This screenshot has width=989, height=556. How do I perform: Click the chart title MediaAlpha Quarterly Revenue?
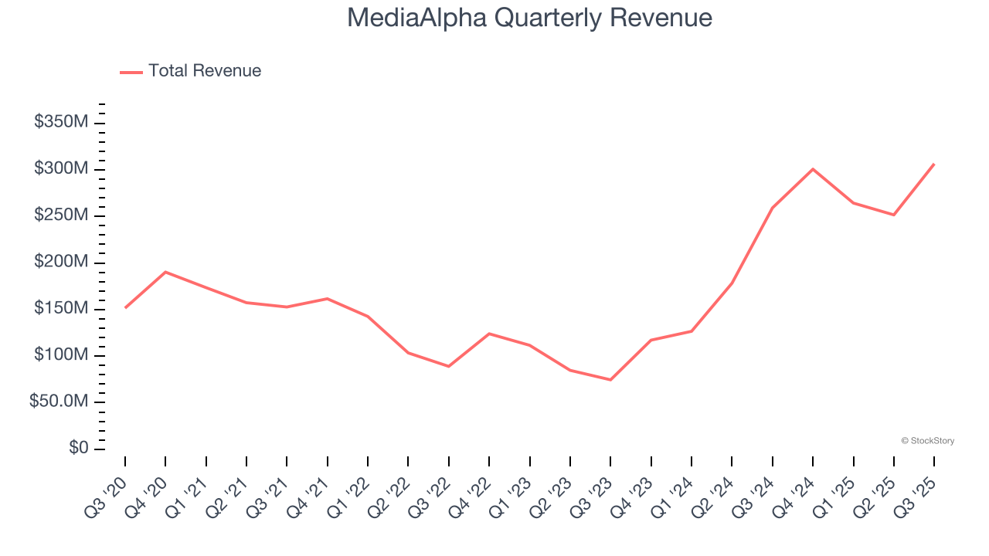529,17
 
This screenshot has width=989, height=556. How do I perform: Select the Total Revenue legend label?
205,71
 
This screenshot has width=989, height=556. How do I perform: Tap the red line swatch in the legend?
131,72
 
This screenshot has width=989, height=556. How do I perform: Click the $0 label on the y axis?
77,449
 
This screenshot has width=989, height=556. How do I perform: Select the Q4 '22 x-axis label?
474,494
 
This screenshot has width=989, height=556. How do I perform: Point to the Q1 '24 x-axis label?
676,494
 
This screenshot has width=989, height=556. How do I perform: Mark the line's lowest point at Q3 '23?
610,379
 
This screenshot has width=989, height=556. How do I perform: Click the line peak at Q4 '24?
813,169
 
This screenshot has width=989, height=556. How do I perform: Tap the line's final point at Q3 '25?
933,164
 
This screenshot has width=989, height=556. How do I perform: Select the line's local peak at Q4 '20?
165,272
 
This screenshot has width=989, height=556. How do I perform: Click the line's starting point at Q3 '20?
125,307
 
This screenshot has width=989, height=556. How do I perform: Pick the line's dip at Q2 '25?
894,215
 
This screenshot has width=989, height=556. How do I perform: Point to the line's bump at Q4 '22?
489,334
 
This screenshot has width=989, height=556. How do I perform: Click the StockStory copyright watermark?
927,441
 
